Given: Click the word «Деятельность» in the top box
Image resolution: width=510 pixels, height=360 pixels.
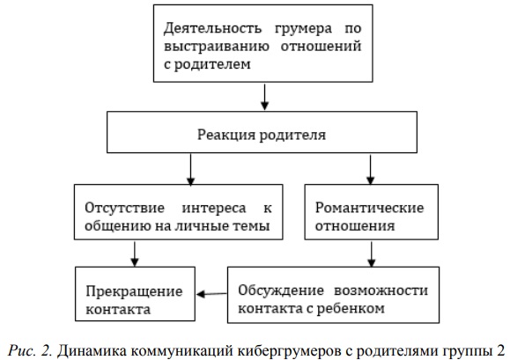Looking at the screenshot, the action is pyautogui.click(x=212, y=28).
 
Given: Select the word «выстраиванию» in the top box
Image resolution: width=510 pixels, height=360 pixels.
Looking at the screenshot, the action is pyautogui.click(x=217, y=47).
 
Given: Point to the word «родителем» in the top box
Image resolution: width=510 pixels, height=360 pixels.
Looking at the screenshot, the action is pyautogui.click(x=212, y=64).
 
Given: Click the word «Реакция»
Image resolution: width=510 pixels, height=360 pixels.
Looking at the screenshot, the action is pyautogui.click(x=226, y=135).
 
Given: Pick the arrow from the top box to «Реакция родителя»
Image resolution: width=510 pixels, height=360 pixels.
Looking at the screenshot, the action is pyautogui.click(x=265, y=97).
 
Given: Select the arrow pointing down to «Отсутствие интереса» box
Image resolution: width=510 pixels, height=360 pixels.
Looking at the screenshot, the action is pyautogui.click(x=190, y=169).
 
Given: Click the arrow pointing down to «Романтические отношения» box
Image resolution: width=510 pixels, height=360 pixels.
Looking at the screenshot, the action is pyautogui.click(x=370, y=169).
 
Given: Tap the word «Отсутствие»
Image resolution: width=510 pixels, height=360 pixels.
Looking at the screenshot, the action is pyautogui.click(x=124, y=208).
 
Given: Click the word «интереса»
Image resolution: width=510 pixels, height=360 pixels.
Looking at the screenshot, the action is pyautogui.click(x=214, y=209).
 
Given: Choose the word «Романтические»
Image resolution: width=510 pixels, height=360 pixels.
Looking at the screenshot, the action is pyautogui.click(x=369, y=208).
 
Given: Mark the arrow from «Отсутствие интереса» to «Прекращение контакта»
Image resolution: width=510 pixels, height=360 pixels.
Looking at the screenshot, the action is pyautogui.click(x=135, y=253).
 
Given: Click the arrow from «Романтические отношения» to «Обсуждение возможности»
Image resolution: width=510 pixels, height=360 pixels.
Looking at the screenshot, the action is pyautogui.click(x=372, y=253).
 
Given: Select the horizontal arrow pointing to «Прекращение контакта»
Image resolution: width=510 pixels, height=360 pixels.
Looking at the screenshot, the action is pyautogui.click(x=211, y=294).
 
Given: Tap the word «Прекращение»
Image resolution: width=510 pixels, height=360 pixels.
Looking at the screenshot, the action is pyautogui.click(x=134, y=292).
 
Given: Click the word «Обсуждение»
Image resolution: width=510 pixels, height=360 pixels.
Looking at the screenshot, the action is pyautogui.click(x=281, y=290).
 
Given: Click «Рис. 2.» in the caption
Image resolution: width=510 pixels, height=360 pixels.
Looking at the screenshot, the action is pyautogui.click(x=29, y=350).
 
